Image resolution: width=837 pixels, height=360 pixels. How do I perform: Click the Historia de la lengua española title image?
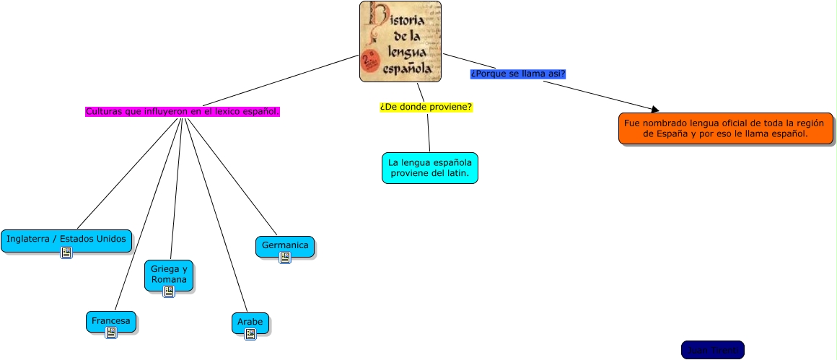tap(400, 41)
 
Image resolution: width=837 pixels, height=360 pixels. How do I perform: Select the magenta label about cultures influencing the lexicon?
tap(182, 112)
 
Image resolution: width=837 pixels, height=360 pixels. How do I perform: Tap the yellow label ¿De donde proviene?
tap(426, 107)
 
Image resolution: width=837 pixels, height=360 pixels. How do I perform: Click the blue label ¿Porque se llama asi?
tap(517, 74)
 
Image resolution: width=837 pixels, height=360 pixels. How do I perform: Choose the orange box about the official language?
tap(725, 128)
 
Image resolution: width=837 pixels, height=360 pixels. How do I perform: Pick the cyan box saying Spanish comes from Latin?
tap(429, 168)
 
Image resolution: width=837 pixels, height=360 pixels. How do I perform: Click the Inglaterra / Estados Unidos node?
tap(66, 239)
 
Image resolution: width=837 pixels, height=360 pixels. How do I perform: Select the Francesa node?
tap(110, 319)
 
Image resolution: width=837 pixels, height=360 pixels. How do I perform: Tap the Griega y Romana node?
tap(169, 274)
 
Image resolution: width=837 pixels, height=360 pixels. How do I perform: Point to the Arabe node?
tap(250, 320)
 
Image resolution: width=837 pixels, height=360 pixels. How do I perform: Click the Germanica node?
tap(285, 245)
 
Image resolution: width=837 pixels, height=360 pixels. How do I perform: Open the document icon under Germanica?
tap(285, 258)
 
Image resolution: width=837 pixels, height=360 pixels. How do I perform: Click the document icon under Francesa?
tap(111, 333)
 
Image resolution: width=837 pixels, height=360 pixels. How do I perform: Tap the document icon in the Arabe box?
tap(250, 334)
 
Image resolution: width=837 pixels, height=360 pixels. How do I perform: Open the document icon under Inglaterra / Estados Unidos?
tap(66, 253)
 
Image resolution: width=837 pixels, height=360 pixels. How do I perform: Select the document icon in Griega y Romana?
tap(169, 291)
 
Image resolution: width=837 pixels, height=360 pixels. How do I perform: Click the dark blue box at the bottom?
tap(712, 350)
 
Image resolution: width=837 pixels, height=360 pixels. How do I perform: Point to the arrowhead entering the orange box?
tap(654, 110)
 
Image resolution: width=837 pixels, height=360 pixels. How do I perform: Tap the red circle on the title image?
tap(372, 60)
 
